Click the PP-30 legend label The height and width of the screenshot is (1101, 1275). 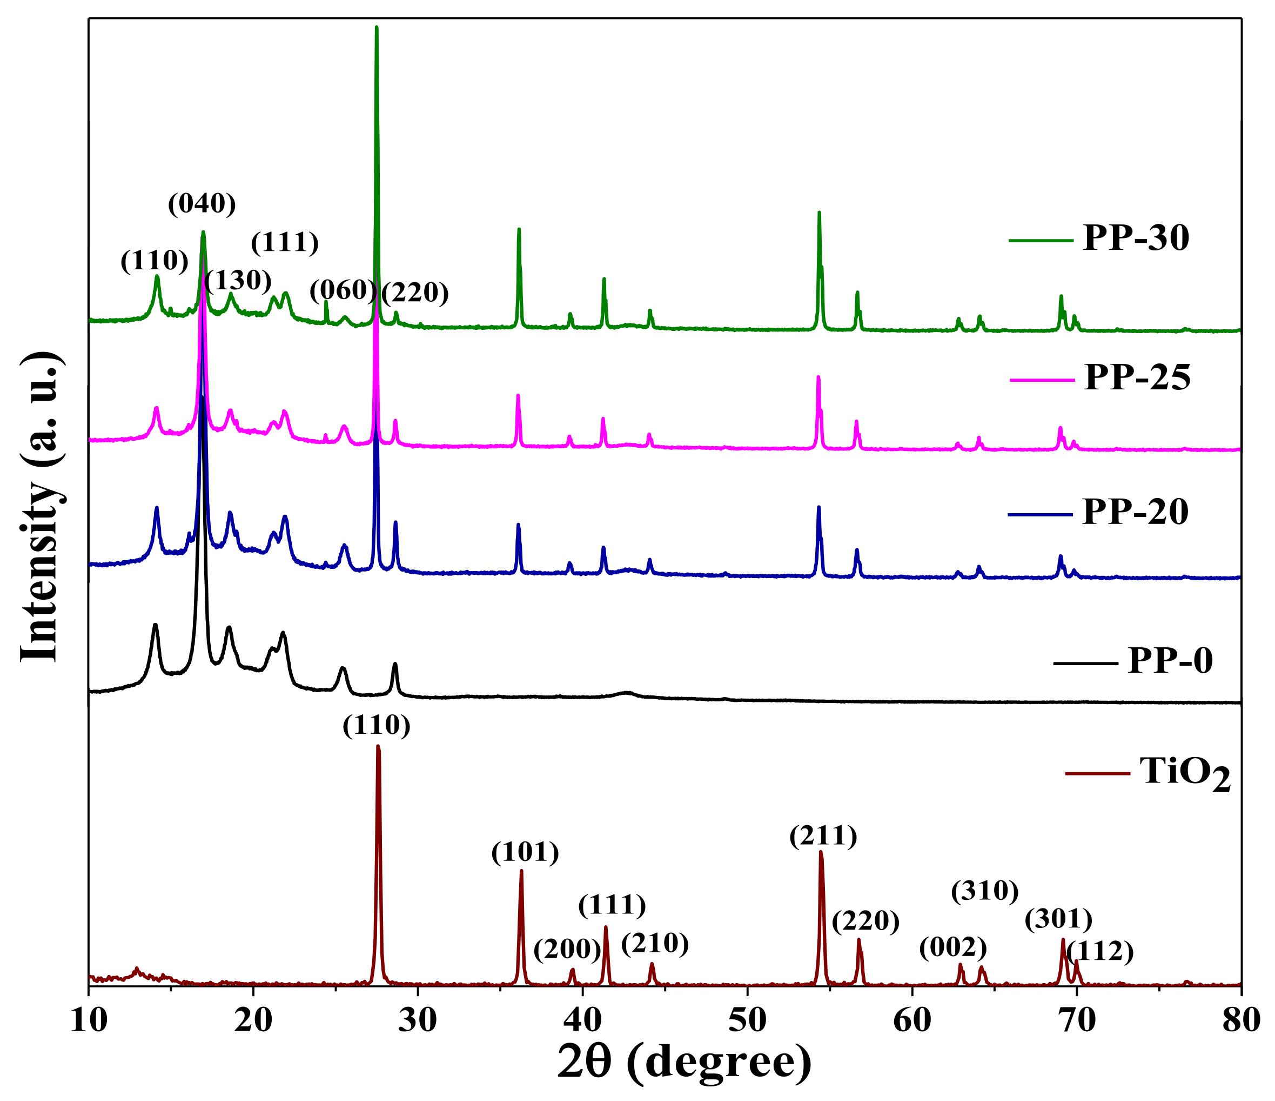coord(1135,238)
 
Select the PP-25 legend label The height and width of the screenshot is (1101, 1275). coord(1137,377)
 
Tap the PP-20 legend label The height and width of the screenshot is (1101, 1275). coord(1135,512)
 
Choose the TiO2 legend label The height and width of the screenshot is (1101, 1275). coord(1185,773)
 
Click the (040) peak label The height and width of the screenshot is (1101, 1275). coord(202,203)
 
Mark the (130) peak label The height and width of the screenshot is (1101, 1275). coord(238,281)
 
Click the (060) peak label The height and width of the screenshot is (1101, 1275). coord(342,289)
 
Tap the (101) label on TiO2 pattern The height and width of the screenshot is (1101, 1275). coord(525,852)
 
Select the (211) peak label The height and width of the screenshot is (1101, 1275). coord(823,836)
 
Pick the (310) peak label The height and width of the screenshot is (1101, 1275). coord(984,891)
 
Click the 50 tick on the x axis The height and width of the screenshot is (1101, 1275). coord(747,1021)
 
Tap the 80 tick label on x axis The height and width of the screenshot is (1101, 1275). coord(1240,1021)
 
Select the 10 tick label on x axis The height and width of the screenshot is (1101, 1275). coord(89,1021)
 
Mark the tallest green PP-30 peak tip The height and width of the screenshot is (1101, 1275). coord(376,27)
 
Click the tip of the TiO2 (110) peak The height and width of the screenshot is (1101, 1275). coord(378,746)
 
